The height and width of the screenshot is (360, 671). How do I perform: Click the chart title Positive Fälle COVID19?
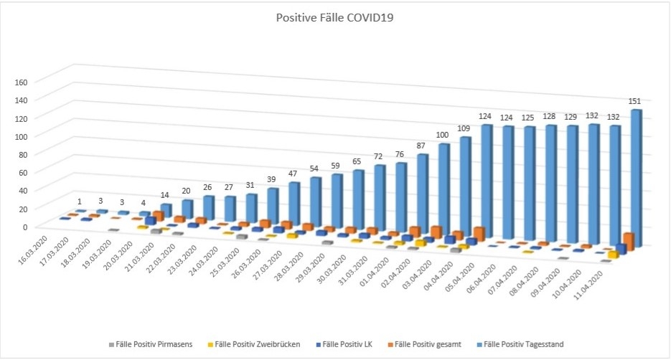pyautogui.click(x=335, y=18)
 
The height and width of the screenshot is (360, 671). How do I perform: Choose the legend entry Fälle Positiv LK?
pyautogui.click(x=362, y=345)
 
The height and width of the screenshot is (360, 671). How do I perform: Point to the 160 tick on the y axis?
pyautogui.click(x=21, y=81)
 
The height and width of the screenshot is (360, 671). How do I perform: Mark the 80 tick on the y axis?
pyautogui.click(x=23, y=154)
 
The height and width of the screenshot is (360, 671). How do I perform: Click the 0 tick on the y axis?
pyautogui.click(x=25, y=227)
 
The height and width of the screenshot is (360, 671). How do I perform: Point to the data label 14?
pyautogui.click(x=165, y=196)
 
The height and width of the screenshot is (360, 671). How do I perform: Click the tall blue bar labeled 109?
pyautogui.click(x=464, y=186)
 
